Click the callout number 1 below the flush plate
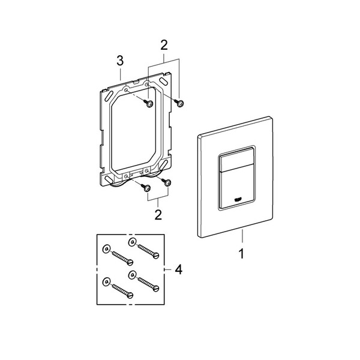click(x=241, y=254)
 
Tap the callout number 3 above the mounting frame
click(x=120, y=61)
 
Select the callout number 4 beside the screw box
click(x=179, y=269)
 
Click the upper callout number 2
click(x=164, y=45)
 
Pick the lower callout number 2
click(x=158, y=215)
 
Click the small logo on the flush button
click(x=238, y=200)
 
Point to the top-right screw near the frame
click(x=179, y=103)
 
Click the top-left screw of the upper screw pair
click(x=148, y=103)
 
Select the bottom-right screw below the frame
click(x=166, y=182)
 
